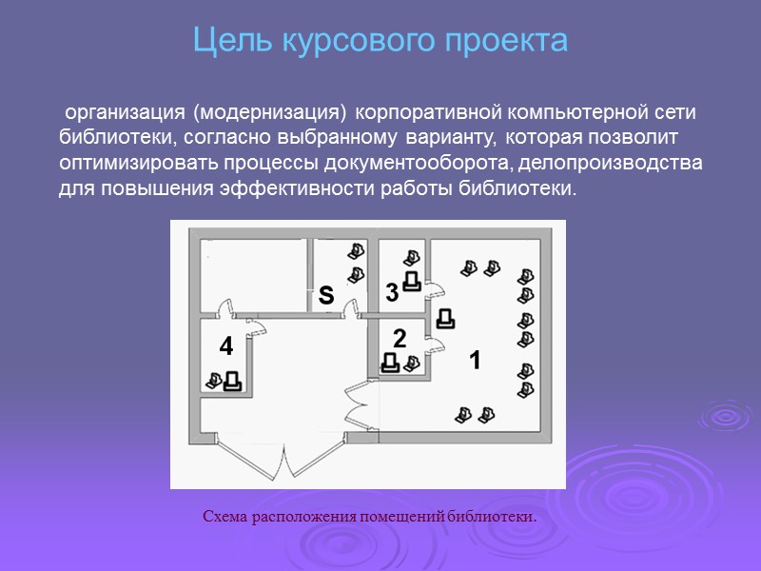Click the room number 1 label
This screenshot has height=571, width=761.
click(475, 362)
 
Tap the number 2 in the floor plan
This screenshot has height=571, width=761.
click(400, 338)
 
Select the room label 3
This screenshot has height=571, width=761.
click(392, 294)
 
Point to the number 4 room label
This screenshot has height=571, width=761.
click(225, 347)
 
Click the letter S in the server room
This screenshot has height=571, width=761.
click(325, 295)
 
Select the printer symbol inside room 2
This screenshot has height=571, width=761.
click(390, 363)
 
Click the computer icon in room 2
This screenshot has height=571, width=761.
click(411, 363)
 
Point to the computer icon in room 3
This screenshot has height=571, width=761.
click(411, 257)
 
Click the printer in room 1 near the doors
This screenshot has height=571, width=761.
click(444, 319)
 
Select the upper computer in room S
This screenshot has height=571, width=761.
click(356, 251)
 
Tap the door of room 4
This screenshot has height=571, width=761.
click(255, 325)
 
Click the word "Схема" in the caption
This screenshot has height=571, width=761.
click(227, 517)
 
